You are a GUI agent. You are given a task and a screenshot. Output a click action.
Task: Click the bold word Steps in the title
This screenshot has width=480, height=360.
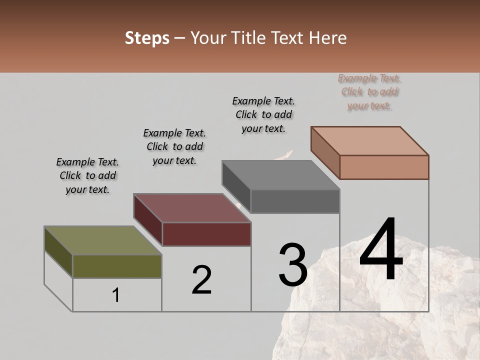[147, 38]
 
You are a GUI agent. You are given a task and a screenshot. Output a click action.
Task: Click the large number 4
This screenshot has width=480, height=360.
[381, 251]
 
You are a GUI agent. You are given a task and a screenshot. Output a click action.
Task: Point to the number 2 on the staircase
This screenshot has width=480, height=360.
[201, 280]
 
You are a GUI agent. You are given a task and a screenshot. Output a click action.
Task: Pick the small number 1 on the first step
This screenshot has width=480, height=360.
[116, 295]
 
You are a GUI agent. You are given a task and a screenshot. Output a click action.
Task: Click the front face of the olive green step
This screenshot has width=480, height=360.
[117, 266]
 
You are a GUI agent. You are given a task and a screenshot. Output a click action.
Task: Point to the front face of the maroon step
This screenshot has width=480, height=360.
[206, 234]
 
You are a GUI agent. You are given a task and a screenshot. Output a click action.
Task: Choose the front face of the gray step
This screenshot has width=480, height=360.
[295, 201]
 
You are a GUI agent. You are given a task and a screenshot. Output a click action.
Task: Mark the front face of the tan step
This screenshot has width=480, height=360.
[384, 167]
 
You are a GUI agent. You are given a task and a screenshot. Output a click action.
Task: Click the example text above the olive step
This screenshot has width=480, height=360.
[87, 176]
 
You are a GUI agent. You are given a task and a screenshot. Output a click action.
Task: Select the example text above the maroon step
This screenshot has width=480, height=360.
[174, 147]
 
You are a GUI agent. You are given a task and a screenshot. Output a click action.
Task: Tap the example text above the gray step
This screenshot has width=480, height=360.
[263, 114]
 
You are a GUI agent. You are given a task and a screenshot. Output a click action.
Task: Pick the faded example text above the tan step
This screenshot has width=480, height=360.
[369, 92]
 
